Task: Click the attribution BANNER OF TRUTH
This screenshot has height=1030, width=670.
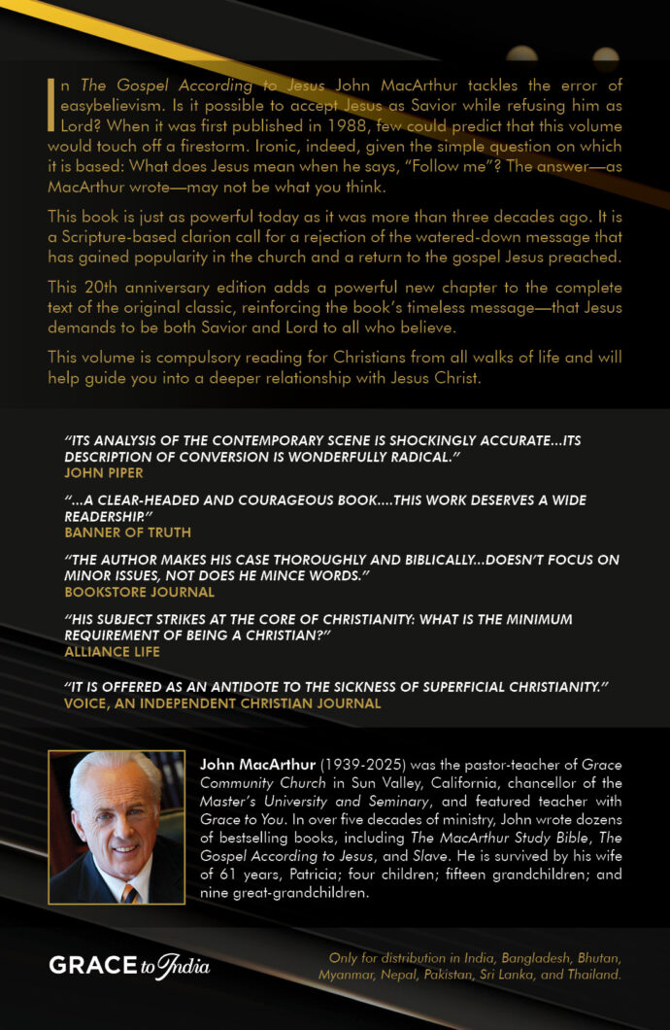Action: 127,532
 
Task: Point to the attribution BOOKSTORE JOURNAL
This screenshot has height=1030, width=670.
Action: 139,591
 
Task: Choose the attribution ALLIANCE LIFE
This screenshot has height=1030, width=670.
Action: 112,651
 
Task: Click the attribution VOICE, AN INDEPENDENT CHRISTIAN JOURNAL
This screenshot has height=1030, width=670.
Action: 222,703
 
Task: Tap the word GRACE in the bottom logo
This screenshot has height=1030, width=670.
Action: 92,966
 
